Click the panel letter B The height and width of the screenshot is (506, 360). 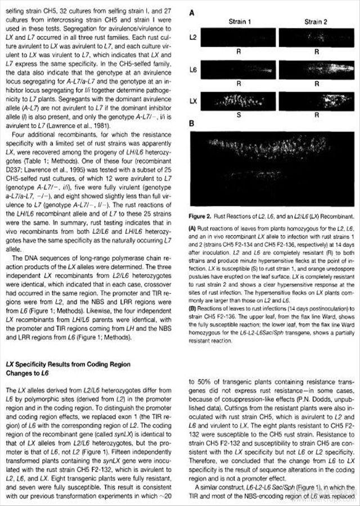192,123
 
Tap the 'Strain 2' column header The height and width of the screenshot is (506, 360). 316,21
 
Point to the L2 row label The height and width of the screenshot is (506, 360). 193,37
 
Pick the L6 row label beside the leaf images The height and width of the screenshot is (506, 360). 193,70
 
